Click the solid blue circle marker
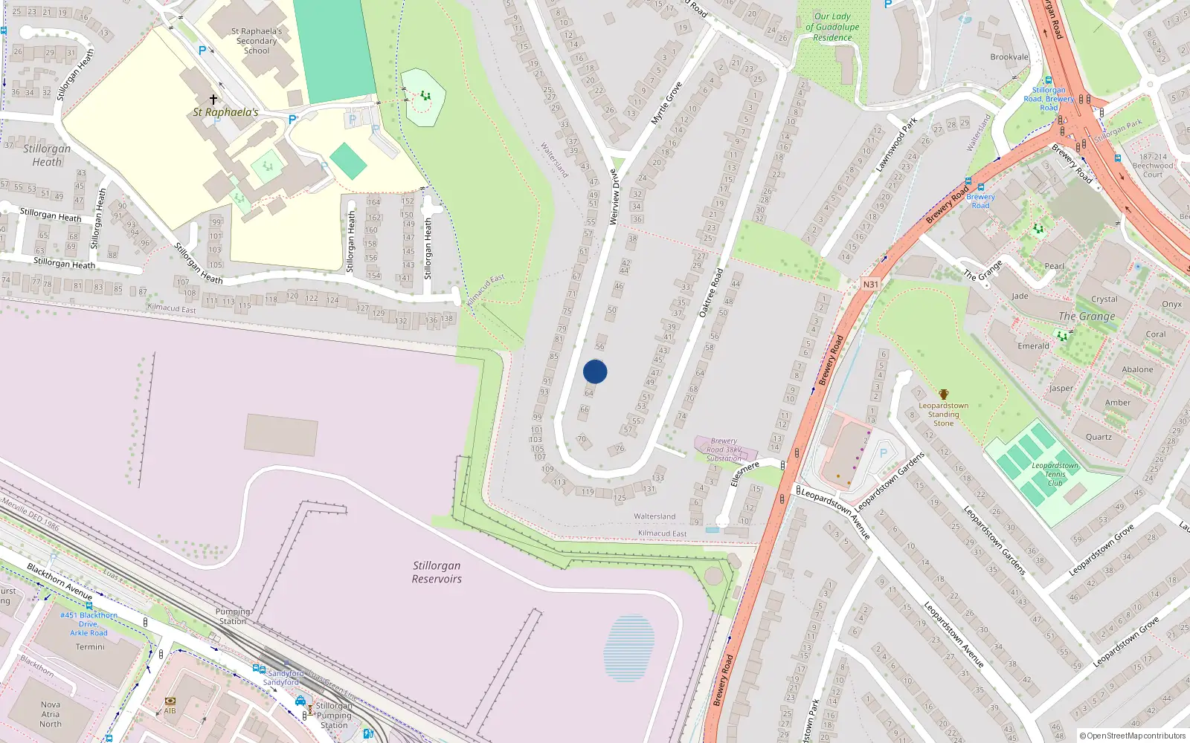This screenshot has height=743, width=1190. [x=595, y=371]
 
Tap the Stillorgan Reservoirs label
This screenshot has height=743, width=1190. [x=437, y=572]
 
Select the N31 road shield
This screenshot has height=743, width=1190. [x=870, y=284]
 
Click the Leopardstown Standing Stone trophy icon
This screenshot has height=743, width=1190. [x=943, y=394]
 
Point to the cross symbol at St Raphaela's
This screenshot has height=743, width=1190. [x=213, y=99]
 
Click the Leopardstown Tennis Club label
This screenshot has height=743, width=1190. [x=1055, y=474]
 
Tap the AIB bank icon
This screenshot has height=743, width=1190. [x=170, y=701]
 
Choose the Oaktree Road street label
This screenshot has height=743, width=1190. [x=711, y=293]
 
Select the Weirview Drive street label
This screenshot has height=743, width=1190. [x=614, y=197]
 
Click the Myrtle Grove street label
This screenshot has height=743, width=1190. [x=666, y=103]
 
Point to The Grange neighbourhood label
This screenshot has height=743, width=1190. [x=1087, y=317]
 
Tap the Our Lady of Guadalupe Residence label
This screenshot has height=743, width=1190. [x=832, y=27]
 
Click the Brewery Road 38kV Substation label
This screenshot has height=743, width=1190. [x=723, y=450]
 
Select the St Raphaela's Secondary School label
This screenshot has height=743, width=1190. [x=257, y=41]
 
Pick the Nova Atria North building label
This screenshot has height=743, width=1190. [x=51, y=714]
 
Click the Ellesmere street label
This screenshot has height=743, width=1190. [x=744, y=473]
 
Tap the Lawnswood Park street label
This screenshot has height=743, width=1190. [x=896, y=144]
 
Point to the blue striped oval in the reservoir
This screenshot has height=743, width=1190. [x=629, y=648]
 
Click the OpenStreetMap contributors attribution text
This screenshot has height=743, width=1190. [x=1133, y=736]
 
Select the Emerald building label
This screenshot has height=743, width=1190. [x=1033, y=346]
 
